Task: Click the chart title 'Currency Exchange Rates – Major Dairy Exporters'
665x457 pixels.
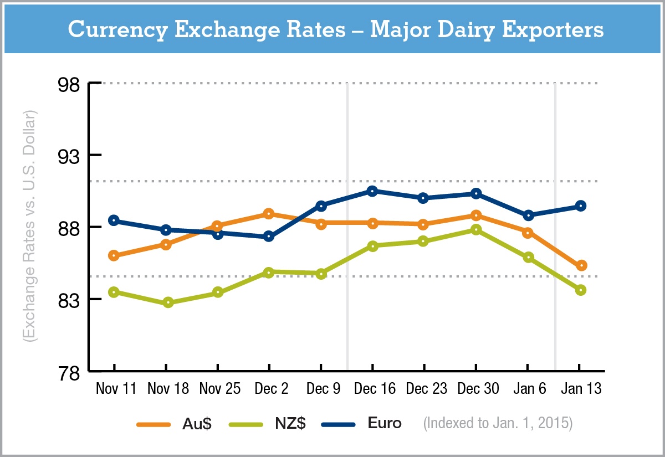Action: tap(335, 29)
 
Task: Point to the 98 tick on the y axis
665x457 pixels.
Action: tap(71, 84)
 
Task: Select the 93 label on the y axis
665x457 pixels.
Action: tap(71, 156)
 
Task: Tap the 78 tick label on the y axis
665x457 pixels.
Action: tap(71, 372)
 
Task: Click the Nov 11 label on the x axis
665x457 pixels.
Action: tap(116, 389)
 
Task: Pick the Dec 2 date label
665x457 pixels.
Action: tap(271, 389)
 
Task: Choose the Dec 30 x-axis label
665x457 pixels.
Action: tap(478, 389)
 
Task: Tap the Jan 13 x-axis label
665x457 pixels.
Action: tap(580, 389)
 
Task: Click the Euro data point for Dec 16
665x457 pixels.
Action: tap(372, 191)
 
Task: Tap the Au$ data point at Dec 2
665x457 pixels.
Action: tap(269, 214)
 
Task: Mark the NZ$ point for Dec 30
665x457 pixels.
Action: tap(476, 229)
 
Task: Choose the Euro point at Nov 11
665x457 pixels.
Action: tap(114, 220)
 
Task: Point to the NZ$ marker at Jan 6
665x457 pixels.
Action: tap(528, 257)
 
